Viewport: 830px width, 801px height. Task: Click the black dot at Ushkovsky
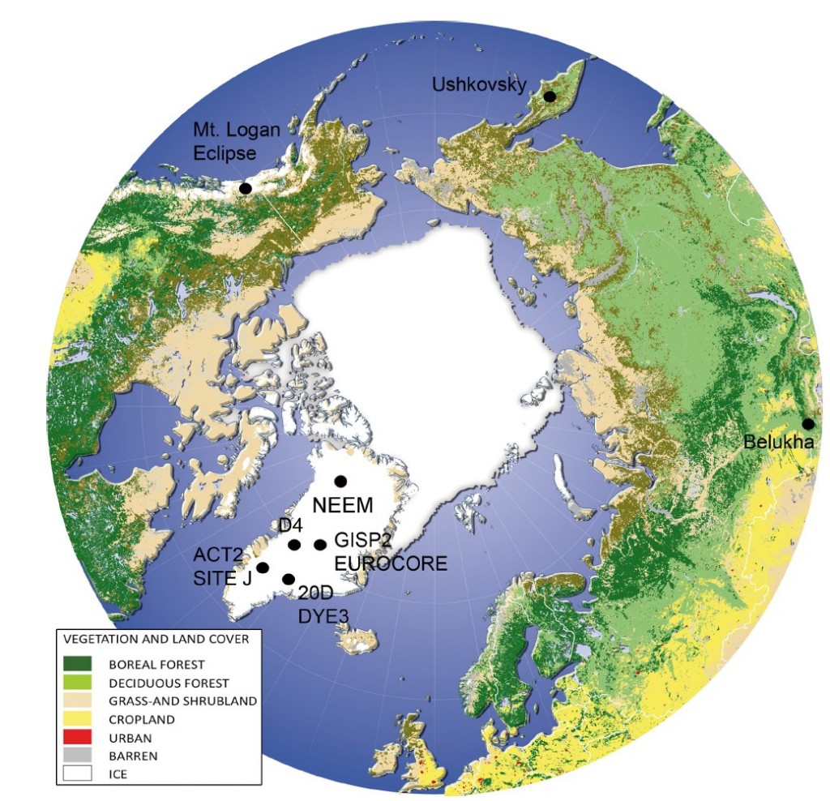click(x=550, y=97)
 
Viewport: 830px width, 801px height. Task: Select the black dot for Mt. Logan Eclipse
click(x=246, y=188)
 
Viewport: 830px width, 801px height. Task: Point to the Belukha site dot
click(x=808, y=424)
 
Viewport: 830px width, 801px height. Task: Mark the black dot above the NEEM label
click(x=340, y=480)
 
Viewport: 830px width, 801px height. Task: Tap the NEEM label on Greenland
click(x=343, y=506)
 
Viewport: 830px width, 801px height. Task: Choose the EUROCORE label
click(x=391, y=563)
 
